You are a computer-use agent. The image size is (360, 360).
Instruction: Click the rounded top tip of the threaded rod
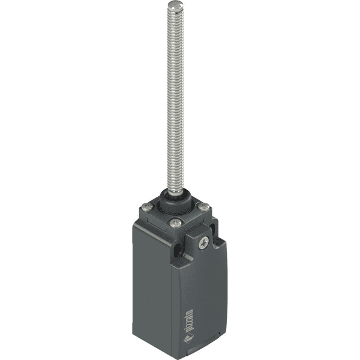point(175,6)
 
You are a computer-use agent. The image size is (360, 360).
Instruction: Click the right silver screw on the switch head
point(204,207)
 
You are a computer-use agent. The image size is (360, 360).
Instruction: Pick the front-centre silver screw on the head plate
point(175,223)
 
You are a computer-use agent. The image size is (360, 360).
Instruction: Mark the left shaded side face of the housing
point(150,282)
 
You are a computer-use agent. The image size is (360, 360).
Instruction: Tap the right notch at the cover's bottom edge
point(220,334)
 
